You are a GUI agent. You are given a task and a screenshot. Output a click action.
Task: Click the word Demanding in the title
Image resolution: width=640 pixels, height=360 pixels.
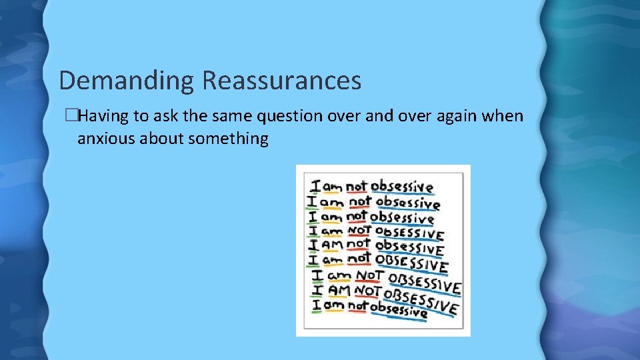(x=127, y=81)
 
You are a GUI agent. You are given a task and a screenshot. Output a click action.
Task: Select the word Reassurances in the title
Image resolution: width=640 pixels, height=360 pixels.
(x=281, y=81)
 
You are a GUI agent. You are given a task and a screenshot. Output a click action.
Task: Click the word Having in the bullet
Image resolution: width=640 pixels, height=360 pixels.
(x=104, y=117)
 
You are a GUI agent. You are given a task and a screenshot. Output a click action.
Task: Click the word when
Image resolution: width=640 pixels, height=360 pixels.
(x=505, y=117)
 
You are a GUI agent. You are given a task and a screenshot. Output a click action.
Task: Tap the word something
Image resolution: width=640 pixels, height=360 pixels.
(x=229, y=139)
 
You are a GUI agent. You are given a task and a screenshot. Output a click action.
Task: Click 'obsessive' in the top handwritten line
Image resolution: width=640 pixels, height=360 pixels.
(x=402, y=187)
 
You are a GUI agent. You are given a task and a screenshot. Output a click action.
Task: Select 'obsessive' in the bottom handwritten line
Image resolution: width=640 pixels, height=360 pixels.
(x=399, y=309)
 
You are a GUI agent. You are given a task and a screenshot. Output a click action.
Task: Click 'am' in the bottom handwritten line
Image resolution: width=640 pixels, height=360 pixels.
(x=335, y=307)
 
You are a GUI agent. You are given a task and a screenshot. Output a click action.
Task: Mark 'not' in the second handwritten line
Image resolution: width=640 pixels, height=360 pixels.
(x=360, y=201)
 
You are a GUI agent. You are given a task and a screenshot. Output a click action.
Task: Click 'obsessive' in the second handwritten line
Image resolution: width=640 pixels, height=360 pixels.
(x=407, y=203)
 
